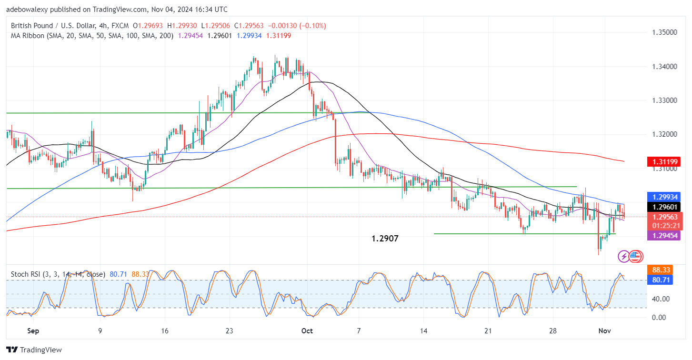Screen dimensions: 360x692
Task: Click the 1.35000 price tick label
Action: tap(664, 32)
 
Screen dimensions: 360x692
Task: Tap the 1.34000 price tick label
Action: tap(664, 67)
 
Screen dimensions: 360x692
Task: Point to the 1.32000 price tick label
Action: tap(664, 134)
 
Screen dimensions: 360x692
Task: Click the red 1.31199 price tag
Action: tap(664, 162)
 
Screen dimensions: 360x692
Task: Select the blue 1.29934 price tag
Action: tap(664, 197)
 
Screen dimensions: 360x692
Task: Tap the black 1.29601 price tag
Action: tap(664, 207)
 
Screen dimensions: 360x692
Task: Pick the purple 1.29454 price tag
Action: tap(664, 235)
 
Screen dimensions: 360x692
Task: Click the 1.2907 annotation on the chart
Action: tap(385, 239)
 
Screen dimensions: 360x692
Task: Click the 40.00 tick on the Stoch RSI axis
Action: tap(660, 299)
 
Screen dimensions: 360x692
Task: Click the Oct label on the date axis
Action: tap(307, 330)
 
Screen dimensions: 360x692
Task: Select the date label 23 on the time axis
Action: tap(229, 330)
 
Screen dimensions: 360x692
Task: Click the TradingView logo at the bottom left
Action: tap(34, 350)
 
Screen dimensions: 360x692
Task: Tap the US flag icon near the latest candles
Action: tap(634, 257)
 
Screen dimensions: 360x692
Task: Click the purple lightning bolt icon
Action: tap(623, 257)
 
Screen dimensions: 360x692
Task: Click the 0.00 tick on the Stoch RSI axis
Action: tap(660, 317)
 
